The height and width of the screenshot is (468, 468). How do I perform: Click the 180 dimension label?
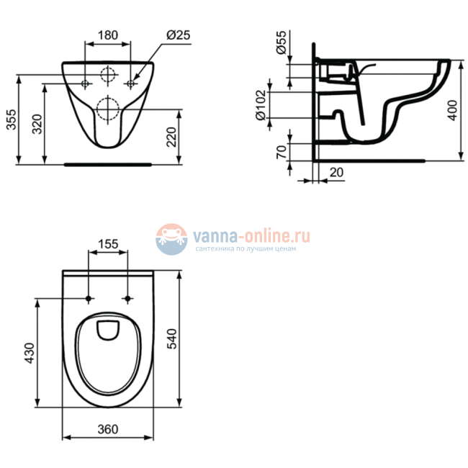click(108, 34)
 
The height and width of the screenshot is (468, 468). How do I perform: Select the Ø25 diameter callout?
click(176, 34)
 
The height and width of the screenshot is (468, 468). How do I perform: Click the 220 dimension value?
click(171, 137)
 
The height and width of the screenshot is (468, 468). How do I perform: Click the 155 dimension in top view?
click(108, 243)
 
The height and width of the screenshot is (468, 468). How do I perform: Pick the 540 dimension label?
click(171, 339)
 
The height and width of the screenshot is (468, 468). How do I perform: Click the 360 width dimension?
click(107, 429)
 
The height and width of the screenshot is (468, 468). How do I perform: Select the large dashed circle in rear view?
click(108, 109)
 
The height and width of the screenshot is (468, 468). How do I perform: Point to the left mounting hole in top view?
click(89, 298)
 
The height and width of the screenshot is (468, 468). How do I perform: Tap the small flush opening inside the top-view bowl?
click(108, 330)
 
